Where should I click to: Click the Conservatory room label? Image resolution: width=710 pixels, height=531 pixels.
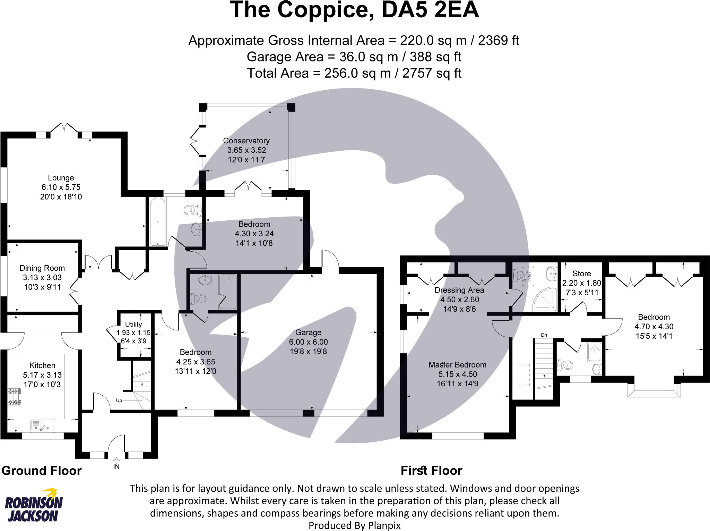(246, 141)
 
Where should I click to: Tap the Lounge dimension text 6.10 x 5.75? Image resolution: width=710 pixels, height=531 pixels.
(61, 187)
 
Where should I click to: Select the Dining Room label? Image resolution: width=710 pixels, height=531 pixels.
(42, 268)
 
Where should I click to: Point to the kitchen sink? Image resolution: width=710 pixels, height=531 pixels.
(43, 425)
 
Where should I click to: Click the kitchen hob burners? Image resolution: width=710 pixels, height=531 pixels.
(14, 396)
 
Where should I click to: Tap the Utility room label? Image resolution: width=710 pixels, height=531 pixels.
(133, 324)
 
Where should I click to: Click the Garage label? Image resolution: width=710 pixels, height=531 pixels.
(308, 332)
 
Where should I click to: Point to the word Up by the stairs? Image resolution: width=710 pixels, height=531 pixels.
(119, 401)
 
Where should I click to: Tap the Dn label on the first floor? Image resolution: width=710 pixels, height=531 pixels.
(544, 335)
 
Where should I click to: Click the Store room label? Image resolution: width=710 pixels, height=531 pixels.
(582, 273)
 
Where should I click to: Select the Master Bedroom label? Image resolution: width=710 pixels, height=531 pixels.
(457, 365)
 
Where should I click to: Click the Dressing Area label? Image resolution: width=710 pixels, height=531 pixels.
(459, 290)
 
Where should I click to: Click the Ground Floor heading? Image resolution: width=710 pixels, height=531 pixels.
(42, 471)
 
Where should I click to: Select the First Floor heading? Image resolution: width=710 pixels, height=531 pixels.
(431, 471)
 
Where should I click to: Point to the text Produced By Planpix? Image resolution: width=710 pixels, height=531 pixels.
(354, 525)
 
